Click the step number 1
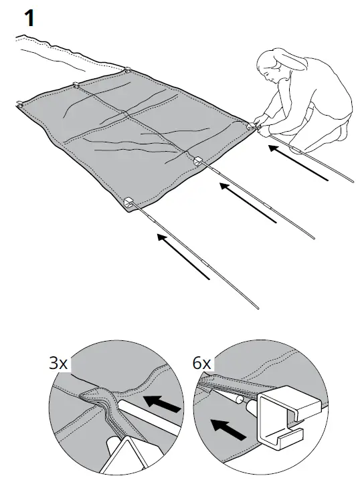click(28, 18)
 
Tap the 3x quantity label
click(58, 364)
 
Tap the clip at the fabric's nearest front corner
click(129, 202)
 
